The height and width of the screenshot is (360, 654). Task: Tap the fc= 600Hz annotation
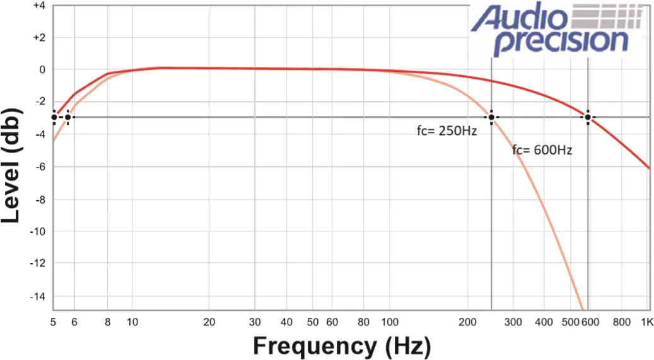(x=542, y=151)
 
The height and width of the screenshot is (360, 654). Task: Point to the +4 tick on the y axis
(x=38, y=6)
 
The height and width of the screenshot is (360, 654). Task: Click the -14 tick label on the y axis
(x=38, y=296)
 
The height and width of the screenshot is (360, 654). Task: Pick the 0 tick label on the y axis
(x=42, y=69)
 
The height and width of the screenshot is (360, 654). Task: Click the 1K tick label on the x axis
(x=645, y=322)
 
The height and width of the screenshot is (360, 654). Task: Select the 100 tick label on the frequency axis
(x=388, y=322)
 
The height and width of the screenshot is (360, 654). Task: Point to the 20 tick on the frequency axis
(x=209, y=322)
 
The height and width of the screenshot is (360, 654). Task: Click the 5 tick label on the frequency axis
(x=54, y=322)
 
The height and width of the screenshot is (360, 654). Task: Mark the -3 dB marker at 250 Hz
(x=491, y=117)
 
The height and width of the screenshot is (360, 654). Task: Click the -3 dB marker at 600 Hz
(x=588, y=117)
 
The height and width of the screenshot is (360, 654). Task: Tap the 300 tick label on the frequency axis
(x=513, y=322)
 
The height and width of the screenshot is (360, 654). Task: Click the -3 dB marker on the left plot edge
(x=54, y=117)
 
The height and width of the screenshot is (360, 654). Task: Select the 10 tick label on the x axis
(x=132, y=322)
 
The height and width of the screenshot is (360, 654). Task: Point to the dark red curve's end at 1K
(x=649, y=168)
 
